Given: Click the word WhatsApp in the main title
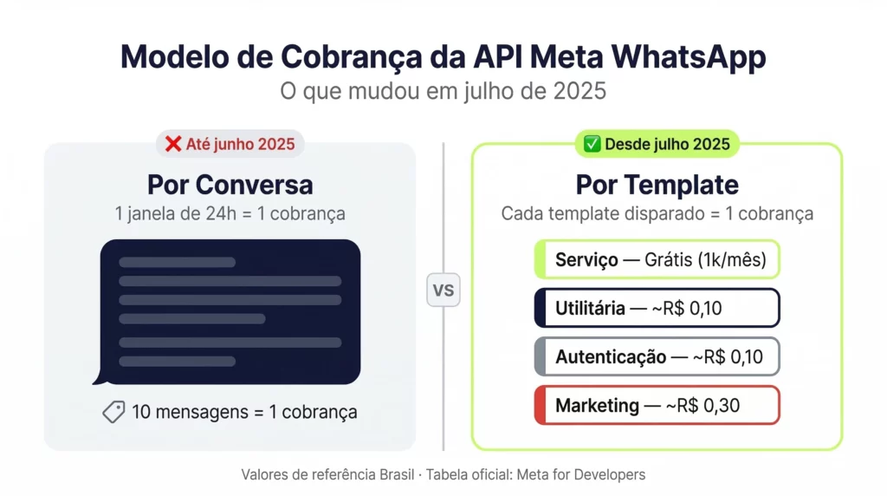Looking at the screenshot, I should [689, 57].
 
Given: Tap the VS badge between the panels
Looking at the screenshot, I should [443, 290].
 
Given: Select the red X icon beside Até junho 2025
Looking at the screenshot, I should [173, 144].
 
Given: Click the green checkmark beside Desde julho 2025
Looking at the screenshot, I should [592, 144].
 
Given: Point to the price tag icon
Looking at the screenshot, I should [113, 413].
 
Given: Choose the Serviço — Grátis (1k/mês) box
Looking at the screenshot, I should [657, 259].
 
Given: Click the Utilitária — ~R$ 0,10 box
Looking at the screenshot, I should [657, 308].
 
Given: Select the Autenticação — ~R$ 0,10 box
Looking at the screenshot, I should [657, 356].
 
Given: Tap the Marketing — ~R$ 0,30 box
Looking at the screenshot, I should [657, 405].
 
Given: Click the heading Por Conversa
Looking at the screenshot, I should [230, 185].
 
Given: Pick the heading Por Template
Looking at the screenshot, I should [657, 185].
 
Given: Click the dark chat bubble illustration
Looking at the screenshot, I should [229, 310].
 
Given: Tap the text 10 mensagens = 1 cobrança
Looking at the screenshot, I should [244, 413].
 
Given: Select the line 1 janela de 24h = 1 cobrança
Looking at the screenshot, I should [230, 213].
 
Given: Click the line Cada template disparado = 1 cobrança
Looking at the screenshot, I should [657, 213].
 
